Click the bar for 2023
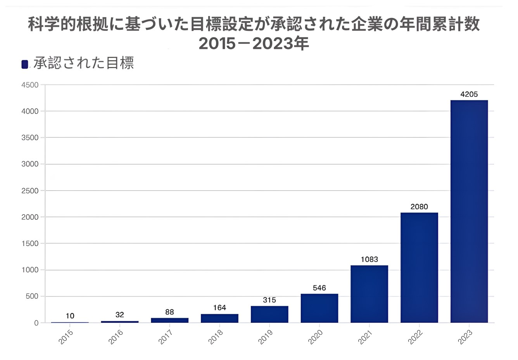tap(469, 211)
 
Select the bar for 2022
tap(419, 267)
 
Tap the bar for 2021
tap(369, 294)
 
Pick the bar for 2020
tap(319, 308)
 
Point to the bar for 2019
tap(269, 314)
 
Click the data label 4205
tap(469, 94)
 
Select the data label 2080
tap(419, 207)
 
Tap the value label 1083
tap(369, 260)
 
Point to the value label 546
tap(319, 288)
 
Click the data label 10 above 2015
tap(70, 316)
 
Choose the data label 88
tap(169, 312)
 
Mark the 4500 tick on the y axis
tap(30, 85)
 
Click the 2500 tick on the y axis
tap(30, 191)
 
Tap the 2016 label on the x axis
tap(116, 337)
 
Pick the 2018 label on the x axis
tap(216, 337)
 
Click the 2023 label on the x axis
tap(465, 337)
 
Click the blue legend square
tap(25, 64)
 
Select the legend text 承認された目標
tap(84, 63)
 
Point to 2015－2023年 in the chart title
tap(254, 43)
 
